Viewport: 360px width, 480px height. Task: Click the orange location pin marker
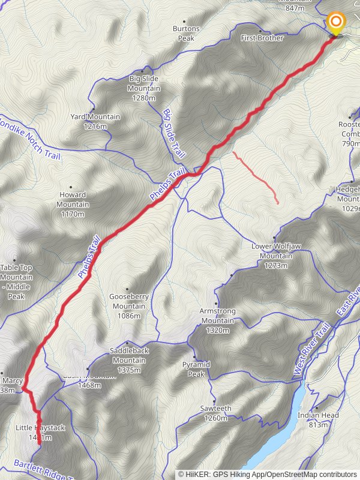point(335,24)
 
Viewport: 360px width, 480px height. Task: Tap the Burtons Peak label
point(186,33)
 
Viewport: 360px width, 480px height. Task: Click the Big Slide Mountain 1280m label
point(144,88)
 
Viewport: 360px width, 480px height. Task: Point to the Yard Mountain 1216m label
point(95,121)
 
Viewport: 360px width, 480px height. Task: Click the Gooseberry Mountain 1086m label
point(128,305)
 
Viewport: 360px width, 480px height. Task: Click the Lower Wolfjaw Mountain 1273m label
point(277,256)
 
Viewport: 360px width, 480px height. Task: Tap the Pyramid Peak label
point(196,369)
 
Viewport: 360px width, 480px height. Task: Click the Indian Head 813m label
point(319,419)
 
